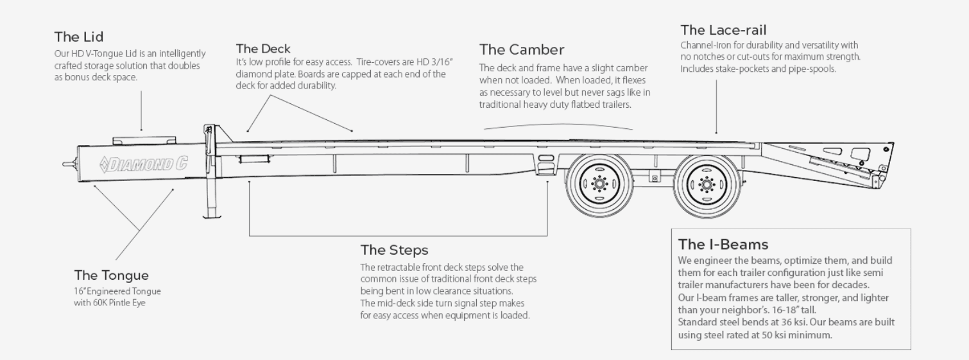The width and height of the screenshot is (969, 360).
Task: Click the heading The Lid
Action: click(78, 37)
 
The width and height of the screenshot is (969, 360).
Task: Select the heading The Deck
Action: click(262, 49)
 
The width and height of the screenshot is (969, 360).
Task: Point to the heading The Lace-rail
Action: click(723, 30)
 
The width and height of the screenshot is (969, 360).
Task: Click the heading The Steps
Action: click(394, 250)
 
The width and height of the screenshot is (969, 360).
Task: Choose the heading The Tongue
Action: click(111, 276)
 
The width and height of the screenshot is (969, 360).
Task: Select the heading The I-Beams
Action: click(723, 244)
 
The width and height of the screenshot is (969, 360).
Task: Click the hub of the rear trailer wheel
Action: click(707, 185)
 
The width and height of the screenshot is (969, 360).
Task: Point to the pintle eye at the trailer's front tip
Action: click(67, 164)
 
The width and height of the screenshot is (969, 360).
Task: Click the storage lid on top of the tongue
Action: click(144, 139)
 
